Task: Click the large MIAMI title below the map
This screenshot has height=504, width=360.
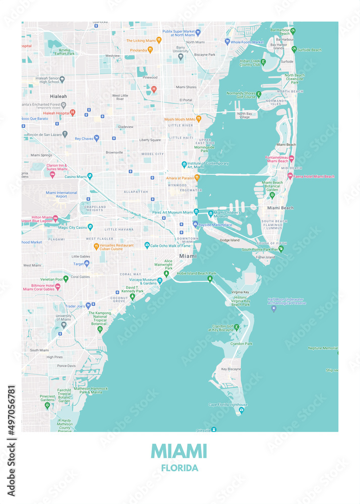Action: coord(179,451)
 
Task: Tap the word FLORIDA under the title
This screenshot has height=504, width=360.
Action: coord(179,468)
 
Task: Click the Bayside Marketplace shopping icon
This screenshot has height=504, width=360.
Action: coord(195,224)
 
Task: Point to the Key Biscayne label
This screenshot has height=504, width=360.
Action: coord(231,369)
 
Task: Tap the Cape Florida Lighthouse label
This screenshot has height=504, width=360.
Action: coord(228,405)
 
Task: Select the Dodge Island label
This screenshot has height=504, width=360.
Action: coord(229,240)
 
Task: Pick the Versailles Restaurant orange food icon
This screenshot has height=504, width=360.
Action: coord(96,246)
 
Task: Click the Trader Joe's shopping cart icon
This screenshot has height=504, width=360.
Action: coord(88,305)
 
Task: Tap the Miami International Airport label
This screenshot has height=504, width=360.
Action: coord(62,195)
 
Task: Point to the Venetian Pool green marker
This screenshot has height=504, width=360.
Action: coord(66,278)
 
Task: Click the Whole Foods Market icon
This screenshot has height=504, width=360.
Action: coord(227,42)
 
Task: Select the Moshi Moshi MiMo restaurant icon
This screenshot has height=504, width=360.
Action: coord(198,119)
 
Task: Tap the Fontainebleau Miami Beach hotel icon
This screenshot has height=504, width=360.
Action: coord(291,158)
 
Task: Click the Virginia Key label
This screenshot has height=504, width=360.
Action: coord(240,292)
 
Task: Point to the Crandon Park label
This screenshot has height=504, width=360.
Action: coord(242,344)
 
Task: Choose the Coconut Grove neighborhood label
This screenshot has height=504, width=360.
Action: coord(119,299)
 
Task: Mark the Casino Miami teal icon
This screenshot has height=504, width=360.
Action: coord(90,176)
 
